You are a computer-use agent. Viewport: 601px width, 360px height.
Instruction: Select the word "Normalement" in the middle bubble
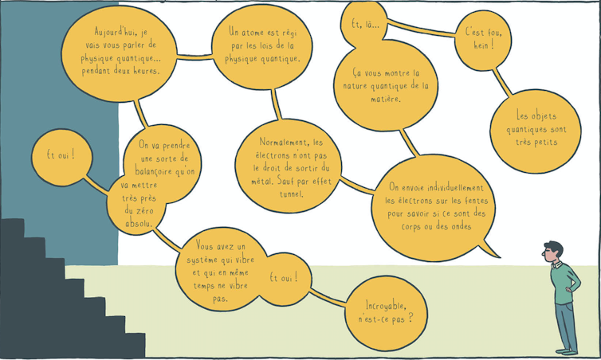point(284,142)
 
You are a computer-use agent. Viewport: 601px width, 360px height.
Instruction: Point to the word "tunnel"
point(291,194)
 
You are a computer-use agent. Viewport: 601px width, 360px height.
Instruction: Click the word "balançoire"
point(153,171)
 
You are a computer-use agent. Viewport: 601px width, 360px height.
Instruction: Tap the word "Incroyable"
point(386,305)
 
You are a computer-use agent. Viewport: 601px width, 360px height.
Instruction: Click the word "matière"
point(386,100)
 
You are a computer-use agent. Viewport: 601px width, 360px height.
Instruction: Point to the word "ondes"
point(461,226)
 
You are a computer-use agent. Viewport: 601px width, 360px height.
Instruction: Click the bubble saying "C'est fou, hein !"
point(483,40)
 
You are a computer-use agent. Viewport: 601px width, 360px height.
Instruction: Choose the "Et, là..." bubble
point(364,24)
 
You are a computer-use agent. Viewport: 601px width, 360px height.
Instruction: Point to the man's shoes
point(567,351)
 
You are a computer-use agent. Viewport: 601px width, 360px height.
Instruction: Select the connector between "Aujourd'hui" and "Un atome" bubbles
point(194,57)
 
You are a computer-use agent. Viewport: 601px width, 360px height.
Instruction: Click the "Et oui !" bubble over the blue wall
point(61,158)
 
